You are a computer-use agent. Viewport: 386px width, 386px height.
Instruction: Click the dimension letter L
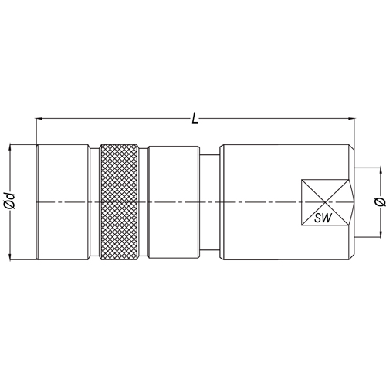(x=195, y=119)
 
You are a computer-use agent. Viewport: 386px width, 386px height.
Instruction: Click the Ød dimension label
(x=10, y=200)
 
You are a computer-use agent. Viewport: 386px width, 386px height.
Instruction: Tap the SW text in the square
(x=323, y=218)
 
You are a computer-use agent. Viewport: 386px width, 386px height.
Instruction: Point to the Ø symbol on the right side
(x=381, y=202)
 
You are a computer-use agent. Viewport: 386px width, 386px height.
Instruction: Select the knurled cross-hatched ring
(x=119, y=202)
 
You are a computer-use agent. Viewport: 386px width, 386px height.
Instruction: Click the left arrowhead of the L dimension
(x=39, y=119)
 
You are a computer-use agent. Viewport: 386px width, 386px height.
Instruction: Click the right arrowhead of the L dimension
(x=351, y=119)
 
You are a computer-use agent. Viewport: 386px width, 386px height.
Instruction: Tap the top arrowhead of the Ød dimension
(x=10, y=147)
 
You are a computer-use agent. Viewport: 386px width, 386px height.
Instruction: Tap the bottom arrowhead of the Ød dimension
(x=10, y=256)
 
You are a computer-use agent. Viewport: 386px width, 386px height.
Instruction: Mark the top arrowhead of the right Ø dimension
(x=380, y=171)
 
